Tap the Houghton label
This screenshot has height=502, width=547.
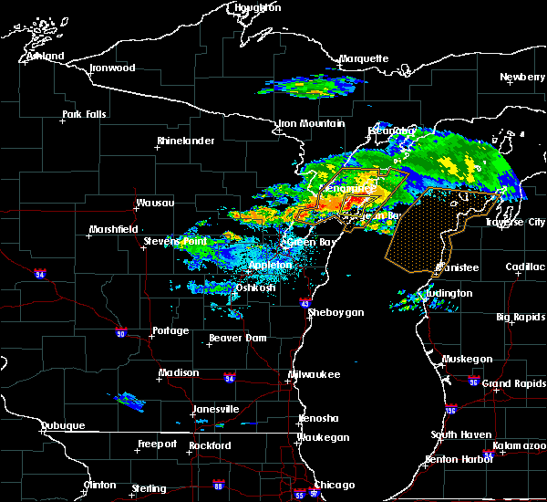click(x=258, y=7)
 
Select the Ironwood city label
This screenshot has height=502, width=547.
click(x=112, y=68)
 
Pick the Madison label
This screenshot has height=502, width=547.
click(x=179, y=372)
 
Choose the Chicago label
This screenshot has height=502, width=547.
click(x=335, y=485)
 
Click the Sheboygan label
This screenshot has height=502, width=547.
click(x=335, y=312)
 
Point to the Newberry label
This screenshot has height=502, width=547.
click(x=522, y=78)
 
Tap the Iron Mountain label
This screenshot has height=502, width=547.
click(x=311, y=123)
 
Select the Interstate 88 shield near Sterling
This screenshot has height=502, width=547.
click(x=217, y=485)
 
